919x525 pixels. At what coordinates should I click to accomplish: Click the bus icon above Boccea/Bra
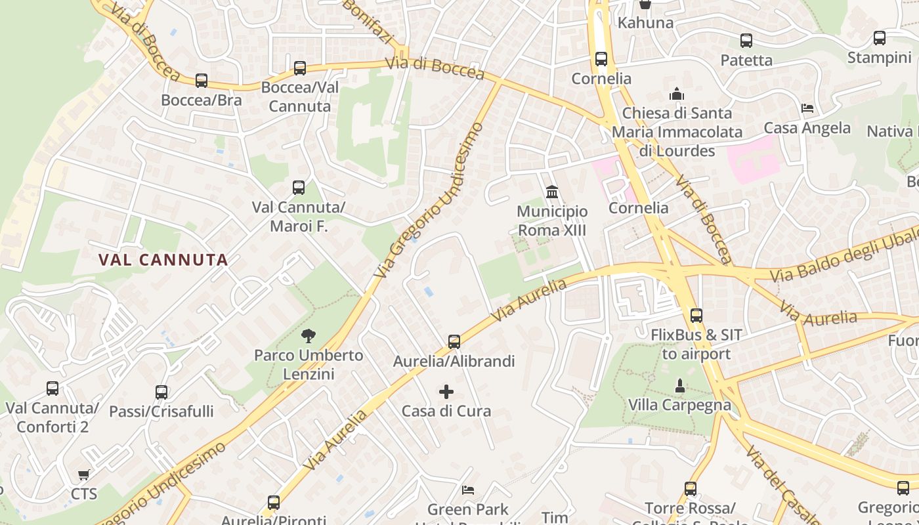(x=202, y=81)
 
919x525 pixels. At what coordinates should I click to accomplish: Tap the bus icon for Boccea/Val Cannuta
(x=300, y=68)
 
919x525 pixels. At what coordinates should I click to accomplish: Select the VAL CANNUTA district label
(x=163, y=259)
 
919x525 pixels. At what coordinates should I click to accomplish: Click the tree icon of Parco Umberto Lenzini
(x=308, y=337)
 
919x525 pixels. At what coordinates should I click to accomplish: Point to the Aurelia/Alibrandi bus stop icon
(x=454, y=341)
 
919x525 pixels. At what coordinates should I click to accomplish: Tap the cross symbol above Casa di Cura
(x=446, y=392)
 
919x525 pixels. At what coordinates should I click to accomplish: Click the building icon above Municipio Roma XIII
(x=552, y=192)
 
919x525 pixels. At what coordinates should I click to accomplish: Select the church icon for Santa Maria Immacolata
(x=677, y=94)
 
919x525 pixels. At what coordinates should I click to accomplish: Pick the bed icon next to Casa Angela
(x=807, y=108)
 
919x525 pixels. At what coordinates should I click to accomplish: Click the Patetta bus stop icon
(x=746, y=41)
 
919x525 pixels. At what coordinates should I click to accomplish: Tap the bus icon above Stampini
(x=880, y=38)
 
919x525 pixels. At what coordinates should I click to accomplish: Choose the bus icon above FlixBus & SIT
(x=696, y=316)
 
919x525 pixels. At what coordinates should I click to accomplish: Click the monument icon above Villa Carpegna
(x=680, y=385)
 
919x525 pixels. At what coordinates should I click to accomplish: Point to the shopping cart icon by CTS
(x=83, y=474)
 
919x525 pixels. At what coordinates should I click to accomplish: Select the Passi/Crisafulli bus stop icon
(x=161, y=392)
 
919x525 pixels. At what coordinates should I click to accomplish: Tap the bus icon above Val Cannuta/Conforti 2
(x=53, y=388)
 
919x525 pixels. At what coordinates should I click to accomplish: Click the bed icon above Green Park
(x=468, y=490)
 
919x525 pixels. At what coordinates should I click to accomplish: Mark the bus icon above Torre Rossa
(x=691, y=489)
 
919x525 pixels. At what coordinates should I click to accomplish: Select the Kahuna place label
(x=645, y=23)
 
